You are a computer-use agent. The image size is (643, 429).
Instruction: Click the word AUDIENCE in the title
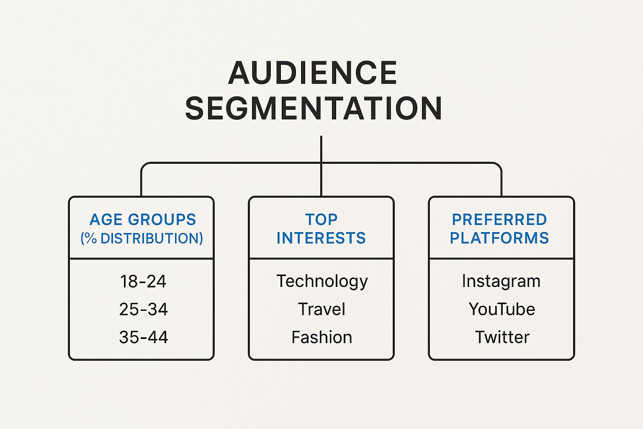(313, 73)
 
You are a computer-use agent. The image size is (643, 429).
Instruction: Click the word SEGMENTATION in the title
(314, 109)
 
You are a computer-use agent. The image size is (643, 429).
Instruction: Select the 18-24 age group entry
(143, 282)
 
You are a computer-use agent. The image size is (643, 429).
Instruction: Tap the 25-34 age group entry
(143, 310)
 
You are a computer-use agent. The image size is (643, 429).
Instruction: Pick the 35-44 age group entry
(143, 337)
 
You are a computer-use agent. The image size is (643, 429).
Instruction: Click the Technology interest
(322, 282)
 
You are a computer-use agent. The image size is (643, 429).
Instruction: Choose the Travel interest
(321, 310)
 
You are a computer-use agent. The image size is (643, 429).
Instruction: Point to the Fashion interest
(321, 337)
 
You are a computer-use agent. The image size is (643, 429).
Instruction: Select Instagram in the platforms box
(501, 281)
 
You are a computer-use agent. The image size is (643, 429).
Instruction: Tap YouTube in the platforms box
(502, 310)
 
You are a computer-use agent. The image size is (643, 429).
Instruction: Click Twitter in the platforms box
(502, 337)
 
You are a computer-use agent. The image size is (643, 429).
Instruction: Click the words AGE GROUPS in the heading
(143, 220)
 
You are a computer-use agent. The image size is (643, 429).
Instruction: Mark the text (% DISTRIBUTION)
(141, 238)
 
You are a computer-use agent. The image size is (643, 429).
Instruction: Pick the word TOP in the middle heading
(321, 220)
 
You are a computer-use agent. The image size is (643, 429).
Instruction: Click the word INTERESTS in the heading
(321, 238)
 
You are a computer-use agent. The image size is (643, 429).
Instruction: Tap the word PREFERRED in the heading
(499, 220)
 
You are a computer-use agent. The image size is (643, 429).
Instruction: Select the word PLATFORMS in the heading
(499, 238)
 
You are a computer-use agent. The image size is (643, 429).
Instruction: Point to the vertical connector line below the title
(321, 149)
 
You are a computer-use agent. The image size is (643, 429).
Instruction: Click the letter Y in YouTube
(474, 310)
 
